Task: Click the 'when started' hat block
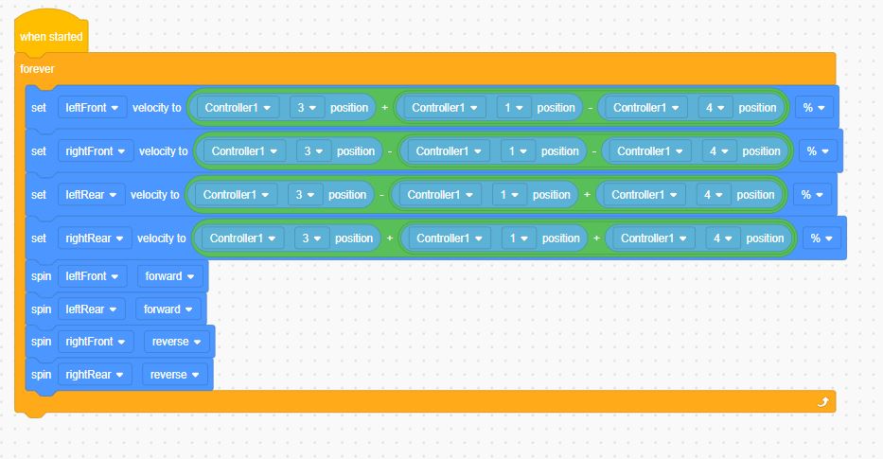(x=51, y=34)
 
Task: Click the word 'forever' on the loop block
(x=37, y=69)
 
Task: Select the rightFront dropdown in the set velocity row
(x=96, y=150)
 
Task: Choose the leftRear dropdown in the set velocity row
(x=91, y=194)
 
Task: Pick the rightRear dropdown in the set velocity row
(x=95, y=238)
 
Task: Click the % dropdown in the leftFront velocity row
(x=814, y=108)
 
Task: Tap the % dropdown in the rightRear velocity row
(x=821, y=238)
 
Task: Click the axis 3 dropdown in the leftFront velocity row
(x=307, y=108)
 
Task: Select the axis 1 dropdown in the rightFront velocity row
(x=518, y=150)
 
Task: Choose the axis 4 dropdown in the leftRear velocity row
(x=714, y=194)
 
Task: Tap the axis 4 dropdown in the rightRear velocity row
(x=723, y=238)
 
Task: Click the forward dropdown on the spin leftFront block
(x=169, y=276)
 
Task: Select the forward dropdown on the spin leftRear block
(x=168, y=309)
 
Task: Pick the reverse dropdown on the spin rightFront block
(x=176, y=342)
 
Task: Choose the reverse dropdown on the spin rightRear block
(x=174, y=375)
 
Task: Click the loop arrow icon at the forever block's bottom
(x=822, y=401)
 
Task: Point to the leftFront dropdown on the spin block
(x=92, y=276)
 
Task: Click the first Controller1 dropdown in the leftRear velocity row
(x=236, y=194)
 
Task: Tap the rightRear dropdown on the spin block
(x=95, y=375)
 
